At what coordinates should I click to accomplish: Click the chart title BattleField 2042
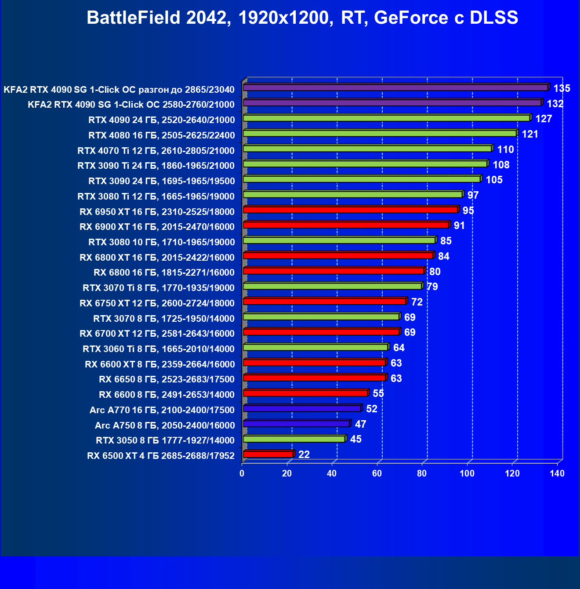(302, 18)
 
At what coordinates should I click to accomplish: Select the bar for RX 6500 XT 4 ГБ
(268, 454)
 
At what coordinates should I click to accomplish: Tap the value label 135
(562, 88)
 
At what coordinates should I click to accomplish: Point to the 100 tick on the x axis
(467, 473)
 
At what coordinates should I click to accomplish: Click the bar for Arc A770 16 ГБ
(302, 408)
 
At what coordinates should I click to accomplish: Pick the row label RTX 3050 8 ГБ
(165, 440)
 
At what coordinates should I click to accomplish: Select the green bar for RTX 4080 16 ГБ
(380, 133)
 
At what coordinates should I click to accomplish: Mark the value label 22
(304, 454)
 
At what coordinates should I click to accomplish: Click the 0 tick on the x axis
(242, 473)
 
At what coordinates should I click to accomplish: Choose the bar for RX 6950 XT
(350, 210)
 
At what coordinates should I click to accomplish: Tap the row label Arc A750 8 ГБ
(164, 425)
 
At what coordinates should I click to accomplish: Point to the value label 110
(505, 149)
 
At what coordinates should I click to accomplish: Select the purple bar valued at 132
(392, 103)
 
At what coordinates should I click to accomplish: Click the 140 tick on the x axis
(557, 473)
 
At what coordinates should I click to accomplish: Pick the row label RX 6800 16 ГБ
(164, 273)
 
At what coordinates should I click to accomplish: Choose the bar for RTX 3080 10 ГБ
(339, 240)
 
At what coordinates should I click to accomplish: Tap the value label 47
(360, 424)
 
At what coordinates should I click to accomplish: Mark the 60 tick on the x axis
(377, 473)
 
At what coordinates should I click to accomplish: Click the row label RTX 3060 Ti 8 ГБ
(158, 349)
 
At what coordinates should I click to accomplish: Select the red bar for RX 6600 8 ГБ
(305, 393)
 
